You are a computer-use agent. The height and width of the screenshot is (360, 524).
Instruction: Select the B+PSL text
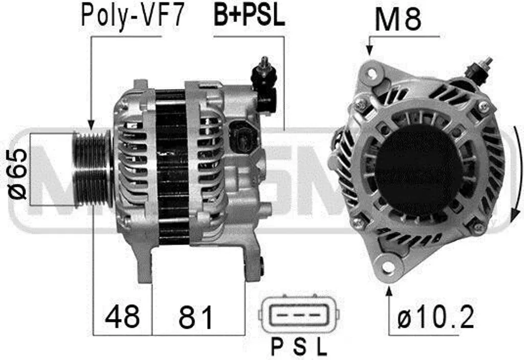[249, 15]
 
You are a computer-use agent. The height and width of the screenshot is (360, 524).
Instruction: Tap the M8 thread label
[398, 19]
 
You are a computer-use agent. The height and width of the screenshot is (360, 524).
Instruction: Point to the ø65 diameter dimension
[17, 174]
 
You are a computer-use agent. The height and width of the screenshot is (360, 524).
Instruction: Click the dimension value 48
[122, 316]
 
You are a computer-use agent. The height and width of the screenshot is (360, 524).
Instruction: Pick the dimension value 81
[196, 316]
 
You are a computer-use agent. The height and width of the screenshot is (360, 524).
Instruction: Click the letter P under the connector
[277, 347]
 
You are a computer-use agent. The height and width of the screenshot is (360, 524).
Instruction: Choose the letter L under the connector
[321, 347]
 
